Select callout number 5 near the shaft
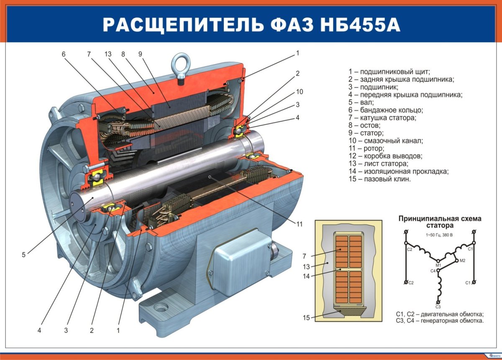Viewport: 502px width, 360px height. [24, 254]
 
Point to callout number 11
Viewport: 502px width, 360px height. [300, 224]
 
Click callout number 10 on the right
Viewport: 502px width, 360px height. [300, 92]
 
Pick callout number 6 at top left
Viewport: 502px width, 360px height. [64, 54]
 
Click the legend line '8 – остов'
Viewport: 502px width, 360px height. [364, 125]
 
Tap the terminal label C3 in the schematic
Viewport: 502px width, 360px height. [438, 307]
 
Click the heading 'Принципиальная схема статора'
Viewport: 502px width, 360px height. [440, 222]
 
